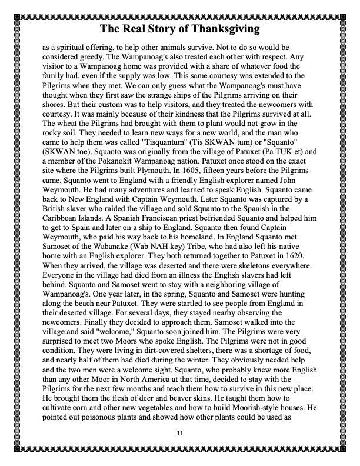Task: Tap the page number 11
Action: [x=180, y=432]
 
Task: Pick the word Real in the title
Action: [x=134, y=28]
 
